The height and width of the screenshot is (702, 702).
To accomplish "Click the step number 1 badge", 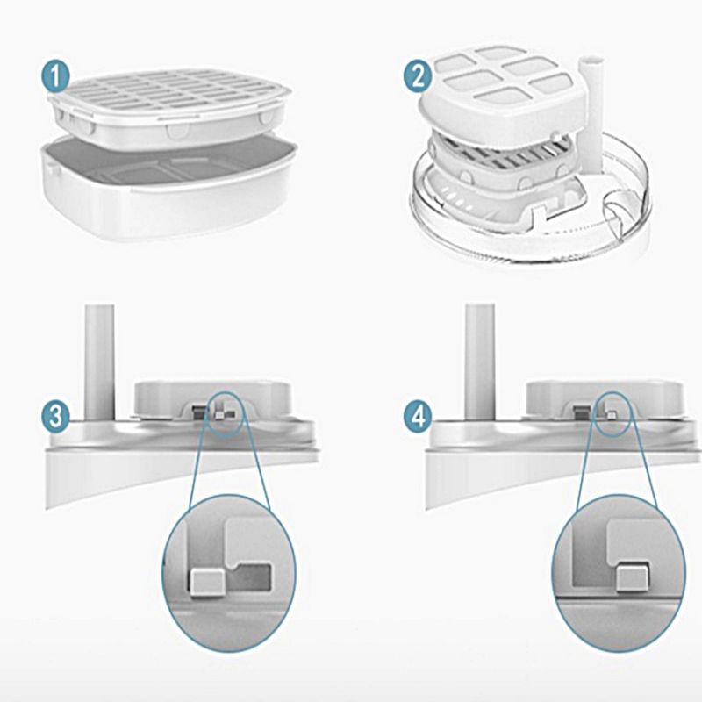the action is pyautogui.click(x=55, y=76).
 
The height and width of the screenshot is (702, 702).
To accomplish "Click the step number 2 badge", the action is pyautogui.click(x=419, y=76).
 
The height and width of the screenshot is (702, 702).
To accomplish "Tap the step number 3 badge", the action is pyautogui.click(x=55, y=416).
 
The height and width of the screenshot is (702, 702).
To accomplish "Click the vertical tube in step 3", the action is pyautogui.click(x=99, y=362).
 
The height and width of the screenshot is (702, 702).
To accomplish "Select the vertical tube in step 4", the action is pyautogui.click(x=480, y=362).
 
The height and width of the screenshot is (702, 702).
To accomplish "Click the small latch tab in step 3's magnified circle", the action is pyautogui.click(x=207, y=583).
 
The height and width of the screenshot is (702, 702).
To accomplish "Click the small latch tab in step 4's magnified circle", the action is pyautogui.click(x=632, y=578).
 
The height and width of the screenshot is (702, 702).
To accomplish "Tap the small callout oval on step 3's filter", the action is pyautogui.click(x=226, y=415).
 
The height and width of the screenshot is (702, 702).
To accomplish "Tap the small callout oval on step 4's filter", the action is pyautogui.click(x=612, y=413).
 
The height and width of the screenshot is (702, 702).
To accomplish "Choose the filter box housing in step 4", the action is pyautogui.click(x=605, y=399).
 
